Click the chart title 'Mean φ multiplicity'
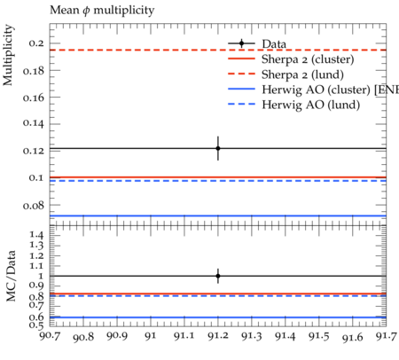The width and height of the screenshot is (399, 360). [x=102, y=11]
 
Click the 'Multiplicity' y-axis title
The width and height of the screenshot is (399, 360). [x=8, y=55]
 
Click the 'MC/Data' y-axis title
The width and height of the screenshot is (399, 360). [x=11, y=276]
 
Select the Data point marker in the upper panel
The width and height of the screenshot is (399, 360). [x=218, y=148]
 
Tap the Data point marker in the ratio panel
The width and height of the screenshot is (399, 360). [x=218, y=276]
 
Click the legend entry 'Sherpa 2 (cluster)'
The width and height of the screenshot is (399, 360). [x=291, y=59]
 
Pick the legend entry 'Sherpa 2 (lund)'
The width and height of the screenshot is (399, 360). [x=286, y=74]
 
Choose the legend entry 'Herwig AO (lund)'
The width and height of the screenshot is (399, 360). [x=294, y=105]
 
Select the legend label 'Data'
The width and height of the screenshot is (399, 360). [x=274, y=44]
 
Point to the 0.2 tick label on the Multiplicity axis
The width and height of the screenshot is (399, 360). [x=36, y=43]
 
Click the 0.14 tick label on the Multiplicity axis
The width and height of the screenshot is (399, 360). [x=34, y=123]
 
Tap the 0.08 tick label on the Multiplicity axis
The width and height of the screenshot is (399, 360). [x=34, y=205]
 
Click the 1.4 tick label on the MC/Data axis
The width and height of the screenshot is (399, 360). [x=36, y=235]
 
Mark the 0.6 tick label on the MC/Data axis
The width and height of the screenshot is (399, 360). [x=36, y=317]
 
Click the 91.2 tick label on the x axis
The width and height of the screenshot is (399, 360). [x=218, y=336]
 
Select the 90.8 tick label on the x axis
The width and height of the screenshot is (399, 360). [x=83, y=337]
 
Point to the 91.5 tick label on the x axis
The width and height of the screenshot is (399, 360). [x=319, y=336]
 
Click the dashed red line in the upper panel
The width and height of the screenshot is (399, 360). [x=218, y=50]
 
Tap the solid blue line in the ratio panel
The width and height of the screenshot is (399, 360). [x=218, y=317]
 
